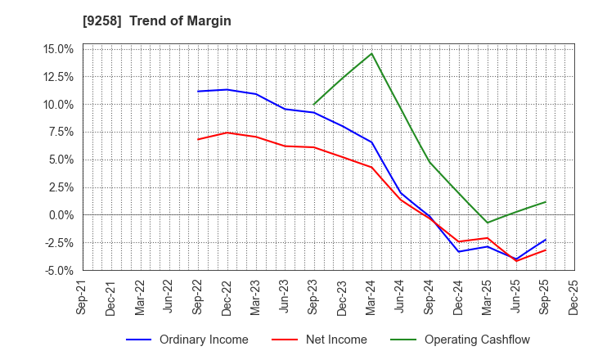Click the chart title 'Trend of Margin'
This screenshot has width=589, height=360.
pos(184,20)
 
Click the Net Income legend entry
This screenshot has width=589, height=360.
pos(330,340)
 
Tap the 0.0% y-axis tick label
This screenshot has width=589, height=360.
pos(61,215)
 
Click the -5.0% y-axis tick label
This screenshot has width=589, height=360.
pos(59,270)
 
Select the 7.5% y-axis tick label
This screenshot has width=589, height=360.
pos(61,133)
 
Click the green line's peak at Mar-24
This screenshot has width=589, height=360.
pos(372,53)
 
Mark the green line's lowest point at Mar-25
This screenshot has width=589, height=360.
pos(488,223)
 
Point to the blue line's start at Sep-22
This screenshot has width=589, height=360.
pos(198,91)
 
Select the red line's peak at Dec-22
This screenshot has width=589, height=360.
pos(227,133)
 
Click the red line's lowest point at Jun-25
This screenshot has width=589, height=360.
pos(516,261)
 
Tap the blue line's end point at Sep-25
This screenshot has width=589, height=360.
pos(546,240)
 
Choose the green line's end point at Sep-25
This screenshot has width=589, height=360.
pos(546,201)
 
